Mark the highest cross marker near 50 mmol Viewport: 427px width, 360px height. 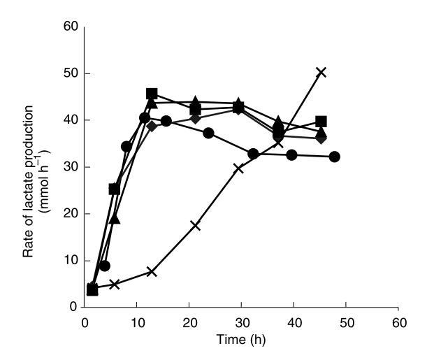pos(321,72)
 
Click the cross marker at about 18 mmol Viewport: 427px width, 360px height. pos(195,225)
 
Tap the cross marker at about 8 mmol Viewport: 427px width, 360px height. pos(152,271)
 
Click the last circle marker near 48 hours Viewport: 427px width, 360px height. pos(335,157)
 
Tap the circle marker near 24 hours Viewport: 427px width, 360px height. pos(208,133)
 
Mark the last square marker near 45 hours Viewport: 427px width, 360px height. pos(321,122)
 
